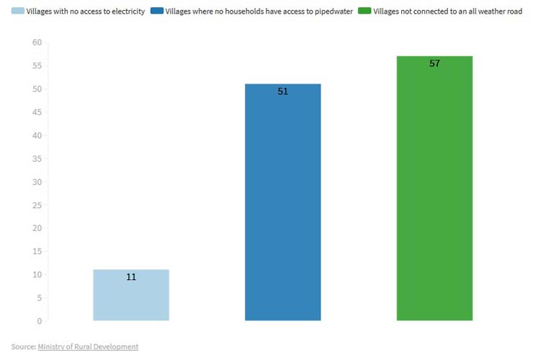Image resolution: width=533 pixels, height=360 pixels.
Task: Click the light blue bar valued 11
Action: [x=131, y=295]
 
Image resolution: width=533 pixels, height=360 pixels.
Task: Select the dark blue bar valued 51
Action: [x=282, y=202]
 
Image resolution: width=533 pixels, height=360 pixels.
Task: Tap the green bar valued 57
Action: [x=434, y=188]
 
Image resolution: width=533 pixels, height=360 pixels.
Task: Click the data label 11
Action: [x=131, y=276]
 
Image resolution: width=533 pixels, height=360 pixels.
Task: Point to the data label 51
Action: [x=282, y=91]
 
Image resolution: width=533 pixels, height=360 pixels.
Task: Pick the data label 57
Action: [x=434, y=63]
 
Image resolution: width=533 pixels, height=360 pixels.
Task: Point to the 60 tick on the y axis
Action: [x=37, y=42]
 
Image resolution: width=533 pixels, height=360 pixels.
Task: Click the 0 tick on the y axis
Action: [x=39, y=320]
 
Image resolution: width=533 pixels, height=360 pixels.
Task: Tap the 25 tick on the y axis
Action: [x=37, y=204]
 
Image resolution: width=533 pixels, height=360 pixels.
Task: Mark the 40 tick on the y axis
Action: [x=37, y=135]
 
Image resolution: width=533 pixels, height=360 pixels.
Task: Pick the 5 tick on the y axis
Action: [x=39, y=297]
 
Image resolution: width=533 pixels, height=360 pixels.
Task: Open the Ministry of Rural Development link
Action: [x=88, y=346]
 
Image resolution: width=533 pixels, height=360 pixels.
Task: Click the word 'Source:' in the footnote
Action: [x=23, y=346]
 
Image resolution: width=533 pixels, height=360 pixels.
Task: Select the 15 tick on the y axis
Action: [x=37, y=251]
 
